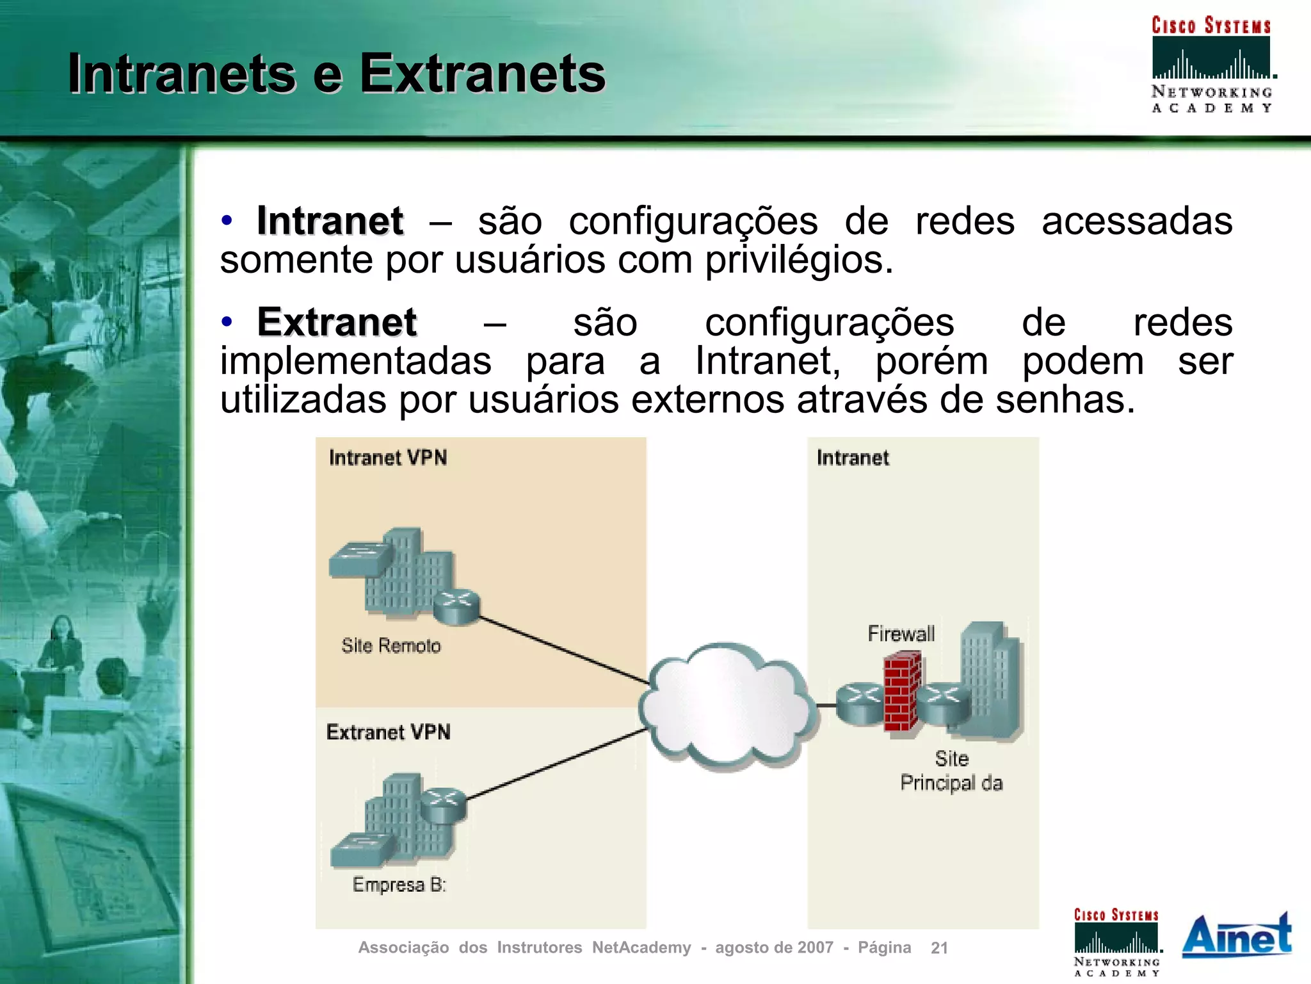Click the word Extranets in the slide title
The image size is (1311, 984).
click(482, 74)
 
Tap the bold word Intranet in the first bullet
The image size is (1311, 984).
click(330, 222)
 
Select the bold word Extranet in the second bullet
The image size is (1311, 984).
click(337, 322)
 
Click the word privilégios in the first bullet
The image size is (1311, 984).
click(798, 261)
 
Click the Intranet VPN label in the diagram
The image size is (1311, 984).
click(388, 458)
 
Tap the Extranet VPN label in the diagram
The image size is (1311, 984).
click(388, 732)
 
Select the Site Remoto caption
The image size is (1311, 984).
click(390, 645)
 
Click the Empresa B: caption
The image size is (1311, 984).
click(399, 885)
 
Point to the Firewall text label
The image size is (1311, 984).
click(901, 634)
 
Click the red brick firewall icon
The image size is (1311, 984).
click(903, 691)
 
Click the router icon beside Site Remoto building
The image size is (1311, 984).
click(456, 606)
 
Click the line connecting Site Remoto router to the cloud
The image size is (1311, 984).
click(563, 650)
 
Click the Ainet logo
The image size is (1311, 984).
click(1236, 936)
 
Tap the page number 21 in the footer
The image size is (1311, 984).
click(939, 948)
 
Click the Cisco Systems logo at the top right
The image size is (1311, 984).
click(1211, 64)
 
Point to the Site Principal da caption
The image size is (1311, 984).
click(951, 771)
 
